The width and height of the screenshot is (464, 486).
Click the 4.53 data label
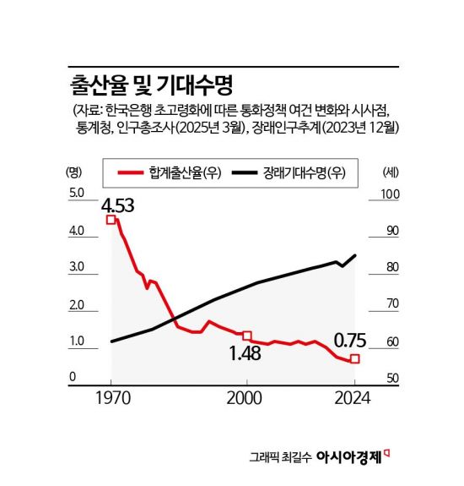pyautogui.click(x=118, y=205)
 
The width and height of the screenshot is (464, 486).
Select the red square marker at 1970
pyautogui.click(x=111, y=220)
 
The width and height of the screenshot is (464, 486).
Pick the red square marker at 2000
pyautogui.click(x=246, y=336)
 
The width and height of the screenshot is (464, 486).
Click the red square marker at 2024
pyautogui.click(x=355, y=359)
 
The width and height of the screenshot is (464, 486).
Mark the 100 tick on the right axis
pyautogui.click(x=390, y=194)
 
